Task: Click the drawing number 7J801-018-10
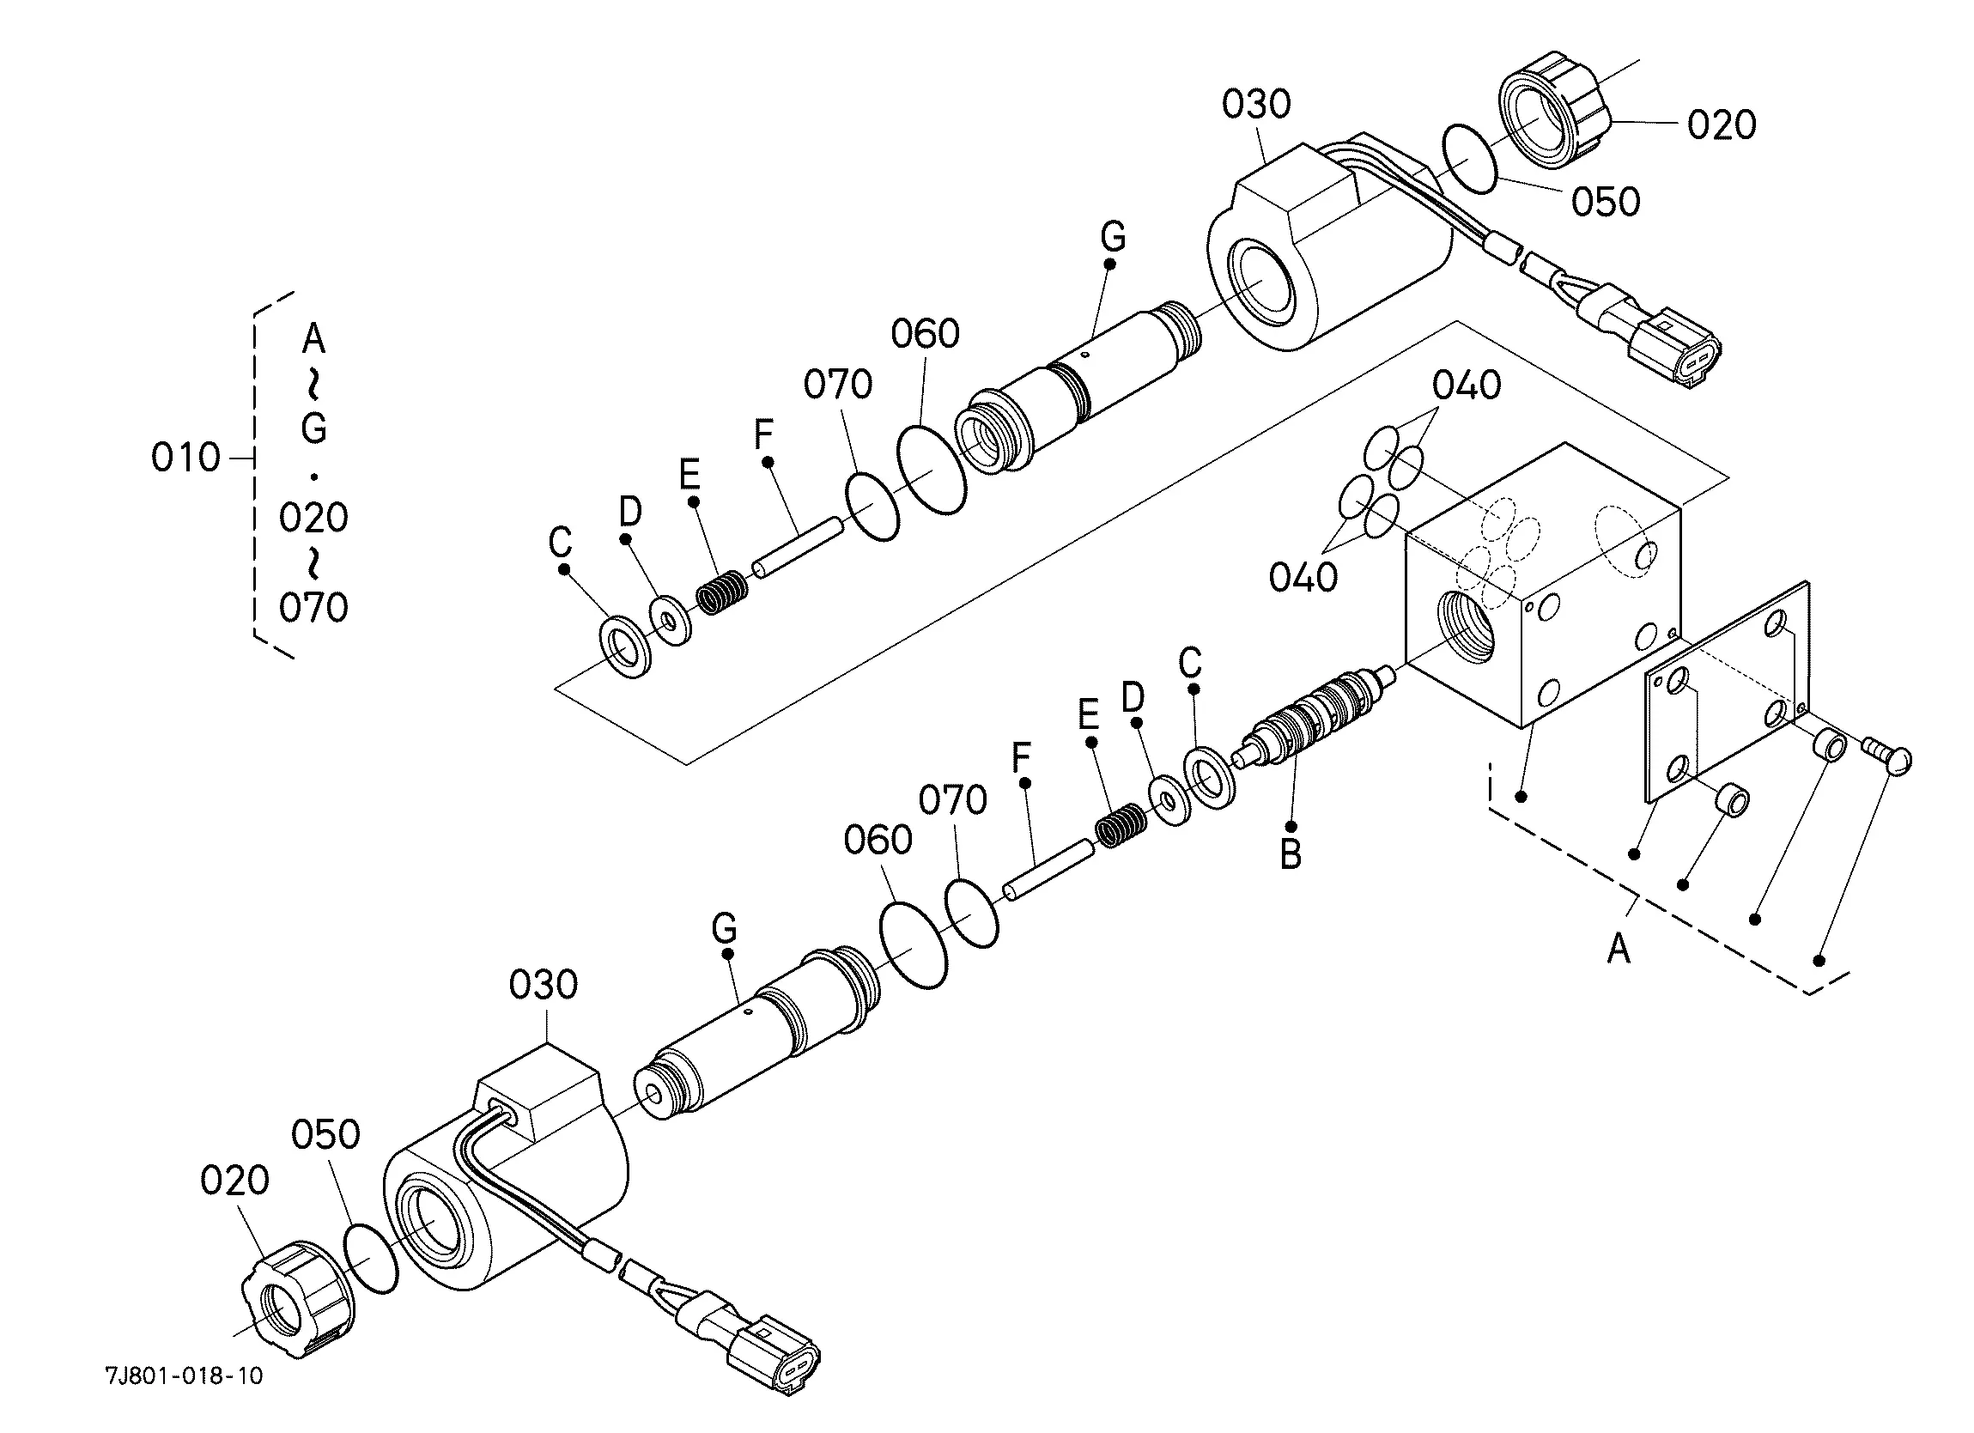click(184, 1375)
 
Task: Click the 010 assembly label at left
click(185, 457)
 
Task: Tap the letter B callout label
click(1291, 854)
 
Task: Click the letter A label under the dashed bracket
click(1618, 948)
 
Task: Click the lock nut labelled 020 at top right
click(1552, 112)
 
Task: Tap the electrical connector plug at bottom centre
click(774, 1358)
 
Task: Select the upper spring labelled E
click(722, 593)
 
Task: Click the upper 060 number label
click(926, 334)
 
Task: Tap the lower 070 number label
click(953, 800)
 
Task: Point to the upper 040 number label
click(1467, 386)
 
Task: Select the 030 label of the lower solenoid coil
click(544, 986)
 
